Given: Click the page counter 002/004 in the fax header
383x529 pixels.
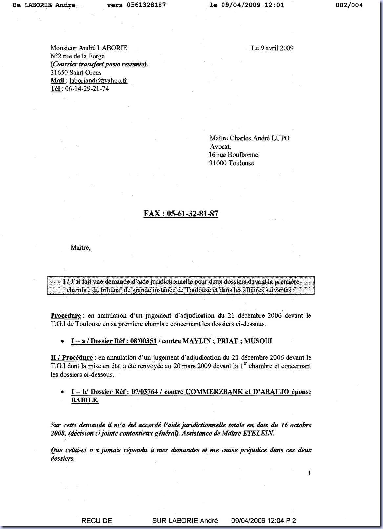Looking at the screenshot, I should click(349, 5).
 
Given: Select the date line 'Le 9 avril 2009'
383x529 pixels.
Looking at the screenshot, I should click(272, 48).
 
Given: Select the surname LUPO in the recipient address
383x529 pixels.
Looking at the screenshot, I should click(280, 138).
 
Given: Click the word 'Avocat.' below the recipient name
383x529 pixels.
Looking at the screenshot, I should click(220, 147).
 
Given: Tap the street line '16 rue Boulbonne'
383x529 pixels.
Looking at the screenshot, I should click(233, 155).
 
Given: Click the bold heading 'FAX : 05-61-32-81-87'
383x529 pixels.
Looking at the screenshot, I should click(181, 214).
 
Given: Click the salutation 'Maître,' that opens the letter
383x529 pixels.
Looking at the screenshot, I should click(80, 248).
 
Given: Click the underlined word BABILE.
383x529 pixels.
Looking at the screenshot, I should click(85, 400).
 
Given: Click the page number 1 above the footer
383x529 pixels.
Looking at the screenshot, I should click(310, 473).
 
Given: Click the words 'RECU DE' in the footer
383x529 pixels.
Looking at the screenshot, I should click(96, 521).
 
